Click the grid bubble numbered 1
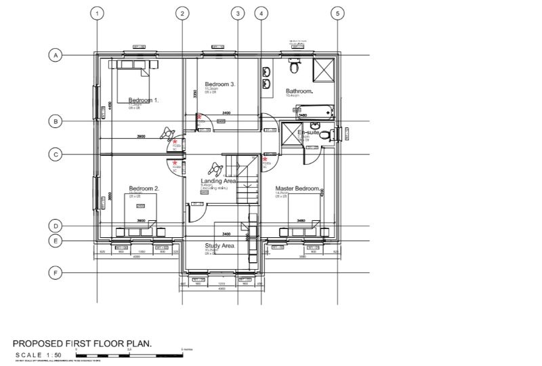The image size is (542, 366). [x=98, y=13]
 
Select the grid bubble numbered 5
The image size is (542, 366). [x=338, y=13]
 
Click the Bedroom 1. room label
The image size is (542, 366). [x=143, y=100]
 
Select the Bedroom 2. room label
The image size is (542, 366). [x=144, y=188]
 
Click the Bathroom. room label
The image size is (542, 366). [x=299, y=91]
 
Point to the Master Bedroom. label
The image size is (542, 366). [x=297, y=188]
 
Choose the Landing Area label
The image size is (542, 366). [x=217, y=181]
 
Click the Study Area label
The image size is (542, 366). [x=219, y=245]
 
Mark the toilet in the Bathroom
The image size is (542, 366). [x=294, y=66]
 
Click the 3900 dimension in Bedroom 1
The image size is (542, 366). [x=141, y=137]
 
